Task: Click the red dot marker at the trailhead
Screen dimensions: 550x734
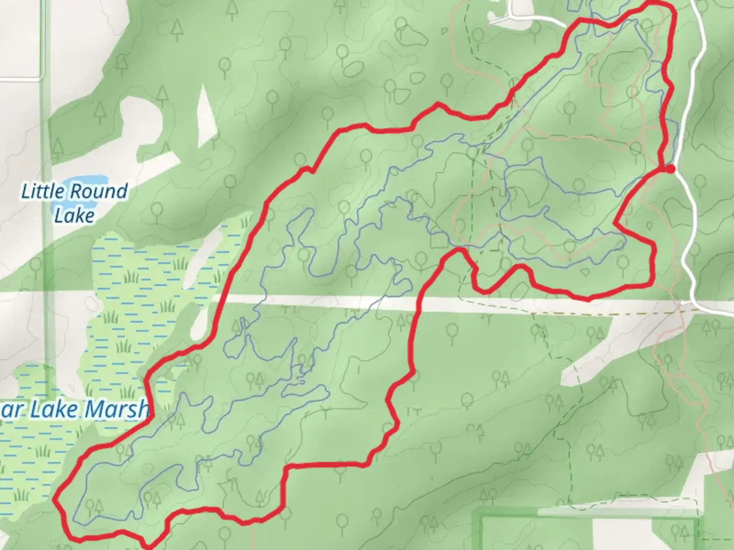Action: click(670, 169)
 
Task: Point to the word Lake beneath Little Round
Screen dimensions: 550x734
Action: click(74, 216)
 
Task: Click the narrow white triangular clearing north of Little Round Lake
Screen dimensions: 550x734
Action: click(206, 115)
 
